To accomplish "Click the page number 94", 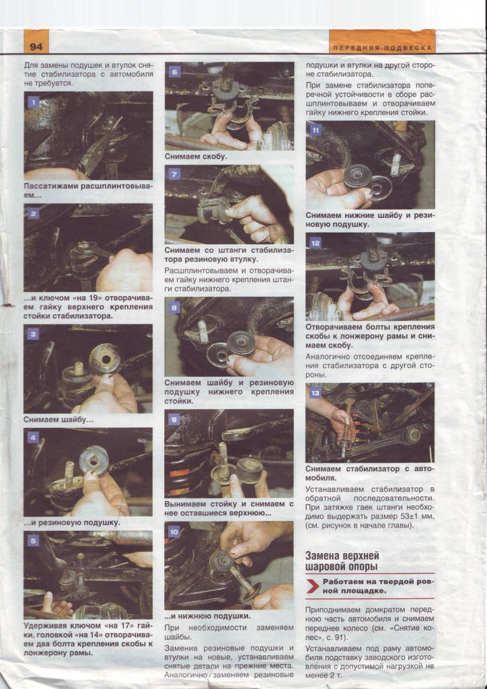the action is (x=36, y=46).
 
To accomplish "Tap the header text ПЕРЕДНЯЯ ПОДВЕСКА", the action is (x=382, y=48).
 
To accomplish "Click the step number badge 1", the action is (x=34, y=102).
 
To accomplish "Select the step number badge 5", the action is (x=34, y=540).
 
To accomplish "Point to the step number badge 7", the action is (x=174, y=174).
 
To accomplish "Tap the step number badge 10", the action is (x=174, y=532).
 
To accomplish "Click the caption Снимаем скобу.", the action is (x=196, y=156).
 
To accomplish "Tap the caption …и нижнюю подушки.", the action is (x=207, y=616).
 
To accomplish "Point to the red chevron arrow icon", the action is (x=313, y=586).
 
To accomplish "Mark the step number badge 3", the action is (x=34, y=334).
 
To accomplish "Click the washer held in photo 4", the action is (x=93, y=460).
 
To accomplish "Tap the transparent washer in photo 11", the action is (x=381, y=188).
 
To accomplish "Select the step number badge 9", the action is (x=174, y=419).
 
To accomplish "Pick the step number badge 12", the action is (x=315, y=242).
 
